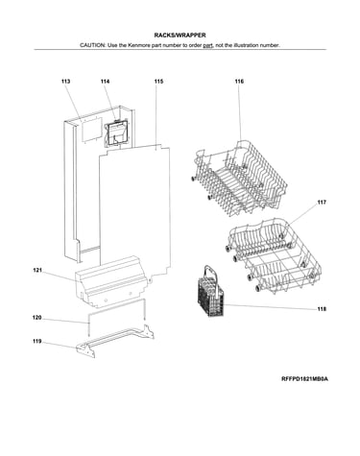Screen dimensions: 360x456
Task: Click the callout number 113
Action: [65, 82]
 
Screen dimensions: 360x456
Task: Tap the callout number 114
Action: [105, 82]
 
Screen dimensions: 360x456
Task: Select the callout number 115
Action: [158, 82]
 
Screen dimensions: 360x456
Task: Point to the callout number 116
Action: [239, 82]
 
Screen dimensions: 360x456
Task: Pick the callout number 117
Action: [322, 203]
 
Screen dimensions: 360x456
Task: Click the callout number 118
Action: [322, 309]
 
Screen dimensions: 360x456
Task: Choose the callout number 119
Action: [37, 342]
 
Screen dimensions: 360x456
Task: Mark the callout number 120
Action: [37, 318]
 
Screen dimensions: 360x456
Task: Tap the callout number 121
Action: [37, 271]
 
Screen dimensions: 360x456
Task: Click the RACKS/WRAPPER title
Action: [180, 36]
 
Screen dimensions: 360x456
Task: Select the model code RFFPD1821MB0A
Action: [304, 379]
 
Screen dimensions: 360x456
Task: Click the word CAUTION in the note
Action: [92, 45]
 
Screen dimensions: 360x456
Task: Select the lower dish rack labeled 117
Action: [275, 256]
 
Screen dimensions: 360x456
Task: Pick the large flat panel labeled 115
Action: [134, 211]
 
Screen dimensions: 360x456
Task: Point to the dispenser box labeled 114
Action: [117, 133]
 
